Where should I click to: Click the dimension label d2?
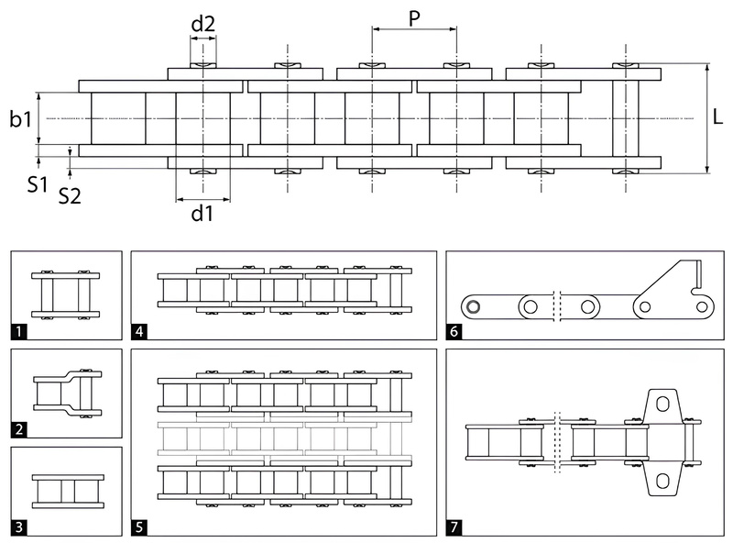tap(202, 24)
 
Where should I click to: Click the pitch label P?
tap(414, 18)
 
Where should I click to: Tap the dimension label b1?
tap(21, 118)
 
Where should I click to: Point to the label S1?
tap(37, 183)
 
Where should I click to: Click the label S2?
tap(70, 195)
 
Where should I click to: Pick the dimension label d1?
tap(202, 214)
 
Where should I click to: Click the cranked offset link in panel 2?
tap(66, 393)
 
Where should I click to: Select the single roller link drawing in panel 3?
tap(66, 490)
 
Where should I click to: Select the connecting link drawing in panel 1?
tap(66, 294)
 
